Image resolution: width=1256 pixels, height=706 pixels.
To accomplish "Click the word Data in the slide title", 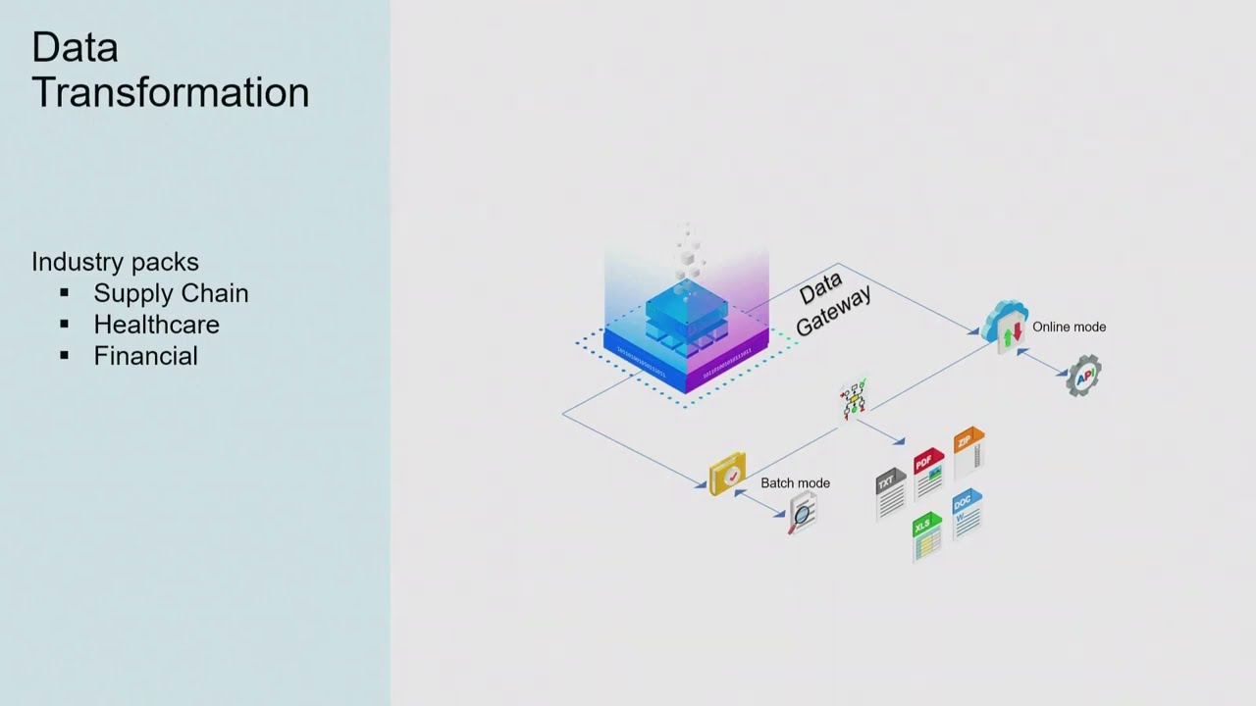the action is tap(75, 47).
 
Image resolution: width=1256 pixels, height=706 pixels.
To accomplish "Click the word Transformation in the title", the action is tap(171, 92).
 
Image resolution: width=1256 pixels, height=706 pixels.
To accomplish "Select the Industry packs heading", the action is tap(115, 262).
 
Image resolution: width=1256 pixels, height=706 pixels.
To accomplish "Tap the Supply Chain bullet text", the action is tap(171, 293).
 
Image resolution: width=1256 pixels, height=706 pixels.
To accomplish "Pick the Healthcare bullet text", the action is tap(156, 325).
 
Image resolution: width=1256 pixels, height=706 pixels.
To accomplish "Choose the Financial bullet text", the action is tap(145, 356).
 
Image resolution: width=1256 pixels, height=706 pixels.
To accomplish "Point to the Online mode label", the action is tap(1069, 327).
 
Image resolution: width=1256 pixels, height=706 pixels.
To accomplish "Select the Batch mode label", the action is tap(795, 482).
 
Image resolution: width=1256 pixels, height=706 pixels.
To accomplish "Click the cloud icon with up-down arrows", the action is tap(1007, 327).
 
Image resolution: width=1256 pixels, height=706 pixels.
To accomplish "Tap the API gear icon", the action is tap(1083, 376).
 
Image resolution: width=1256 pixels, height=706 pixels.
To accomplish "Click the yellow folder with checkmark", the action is tap(727, 474).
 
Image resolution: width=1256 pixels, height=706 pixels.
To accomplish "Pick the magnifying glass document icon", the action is tap(803, 513).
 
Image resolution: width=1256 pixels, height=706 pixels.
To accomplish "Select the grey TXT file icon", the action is tap(890, 494).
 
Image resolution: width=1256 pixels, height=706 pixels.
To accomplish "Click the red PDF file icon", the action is tap(928, 474).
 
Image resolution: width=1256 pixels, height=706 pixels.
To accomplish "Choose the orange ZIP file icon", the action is tap(968, 452).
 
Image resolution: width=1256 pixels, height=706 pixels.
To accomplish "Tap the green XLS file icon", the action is tap(926, 536).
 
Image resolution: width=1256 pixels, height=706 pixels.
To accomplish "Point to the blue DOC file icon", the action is tap(967, 514).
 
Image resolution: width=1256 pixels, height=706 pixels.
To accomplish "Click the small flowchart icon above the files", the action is tap(854, 398).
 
